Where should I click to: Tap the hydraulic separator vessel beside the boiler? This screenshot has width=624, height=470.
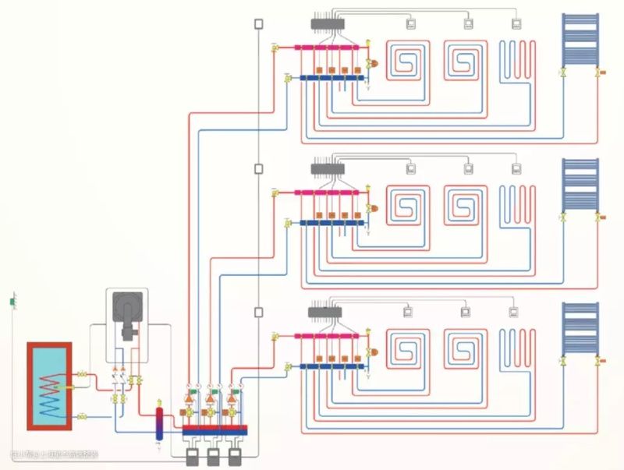pyautogui.click(x=158, y=422)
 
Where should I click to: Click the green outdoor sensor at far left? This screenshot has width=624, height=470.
pyautogui.click(x=12, y=300)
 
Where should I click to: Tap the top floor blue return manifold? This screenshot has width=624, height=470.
pyautogui.click(x=332, y=77)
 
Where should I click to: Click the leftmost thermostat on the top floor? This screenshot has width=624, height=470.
pyautogui.click(x=411, y=23)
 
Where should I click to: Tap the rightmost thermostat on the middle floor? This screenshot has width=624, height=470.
pyautogui.click(x=516, y=168)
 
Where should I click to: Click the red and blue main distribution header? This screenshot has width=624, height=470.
pyautogui.click(x=214, y=429)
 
